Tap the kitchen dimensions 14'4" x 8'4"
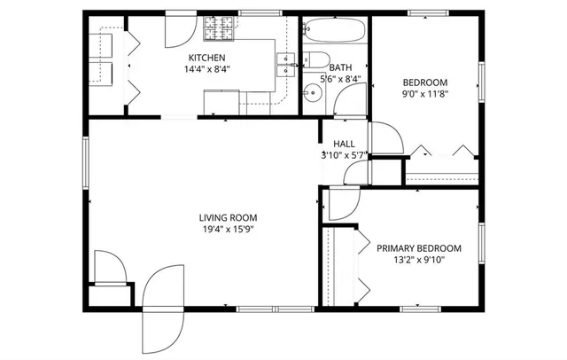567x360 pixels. click(x=206, y=68)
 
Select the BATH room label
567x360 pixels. click(x=340, y=67)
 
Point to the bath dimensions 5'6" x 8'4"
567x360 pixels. click(x=340, y=79)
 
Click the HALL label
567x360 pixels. click(x=345, y=144)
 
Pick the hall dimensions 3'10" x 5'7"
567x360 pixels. click(x=345, y=155)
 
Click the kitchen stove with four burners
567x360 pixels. click(x=216, y=30)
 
